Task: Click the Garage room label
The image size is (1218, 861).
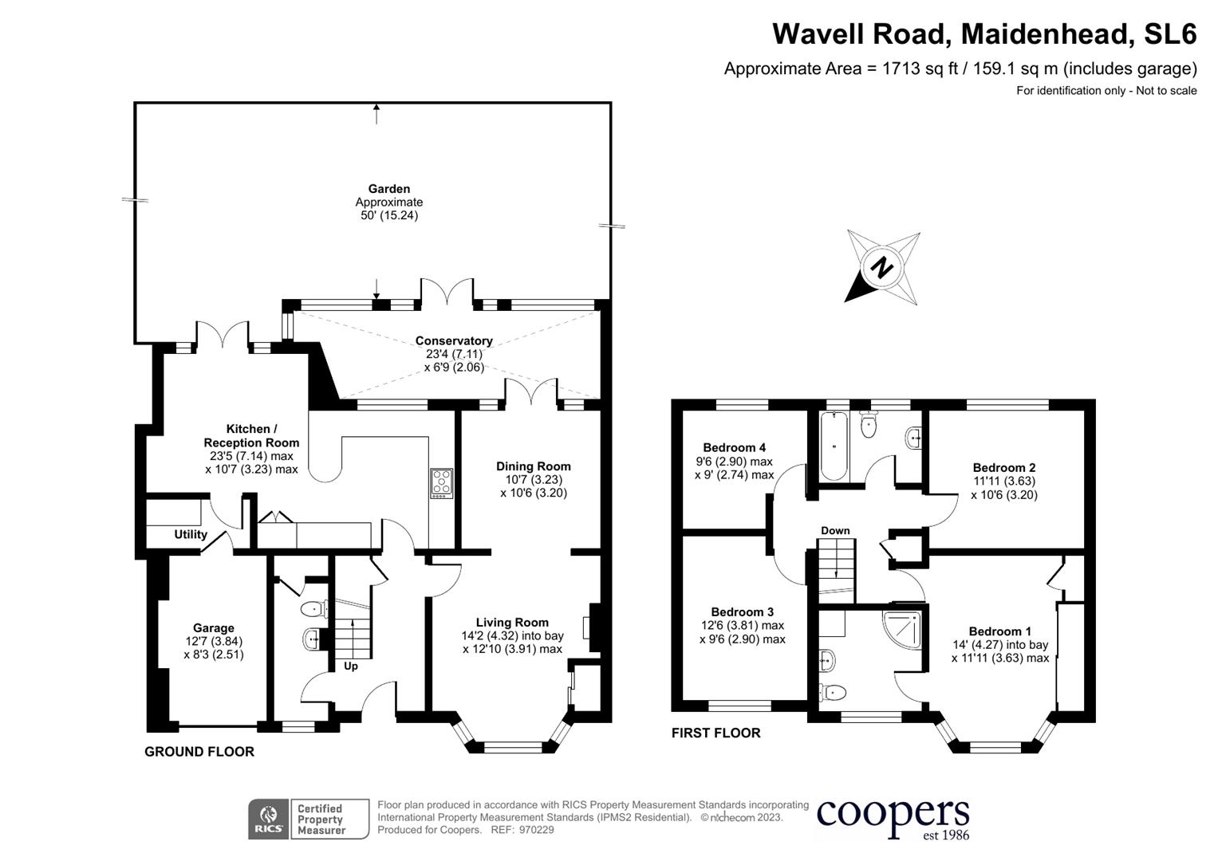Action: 213,628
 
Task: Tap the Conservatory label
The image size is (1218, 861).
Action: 454,341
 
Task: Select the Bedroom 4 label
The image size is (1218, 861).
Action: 734,448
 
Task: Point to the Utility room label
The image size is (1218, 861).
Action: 191,535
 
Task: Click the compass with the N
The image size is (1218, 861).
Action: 882,268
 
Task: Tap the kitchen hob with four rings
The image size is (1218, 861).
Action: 441,483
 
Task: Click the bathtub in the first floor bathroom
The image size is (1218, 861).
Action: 834,446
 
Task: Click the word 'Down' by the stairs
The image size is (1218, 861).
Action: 835,531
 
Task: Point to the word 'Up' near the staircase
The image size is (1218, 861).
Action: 351,666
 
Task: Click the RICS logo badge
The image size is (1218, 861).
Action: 269,820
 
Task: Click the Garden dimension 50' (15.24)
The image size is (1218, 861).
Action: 389,215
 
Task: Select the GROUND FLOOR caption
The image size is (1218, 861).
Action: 199,752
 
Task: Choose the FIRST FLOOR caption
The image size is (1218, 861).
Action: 715,733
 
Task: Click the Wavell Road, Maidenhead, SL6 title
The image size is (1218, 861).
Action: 984,34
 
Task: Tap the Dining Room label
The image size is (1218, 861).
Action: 534,466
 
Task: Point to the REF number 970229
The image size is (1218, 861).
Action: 536,830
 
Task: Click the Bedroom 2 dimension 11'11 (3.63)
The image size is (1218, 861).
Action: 1003,482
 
